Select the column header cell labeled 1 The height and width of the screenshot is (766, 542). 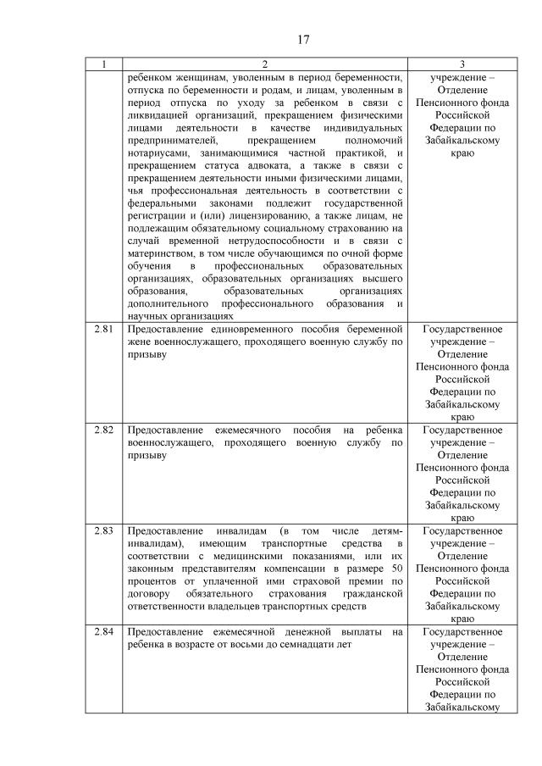pos(104,64)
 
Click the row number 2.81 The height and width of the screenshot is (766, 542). pos(104,329)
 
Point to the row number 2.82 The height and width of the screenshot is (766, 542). pos(104,430)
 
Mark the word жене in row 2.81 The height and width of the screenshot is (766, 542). pos(138,341)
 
